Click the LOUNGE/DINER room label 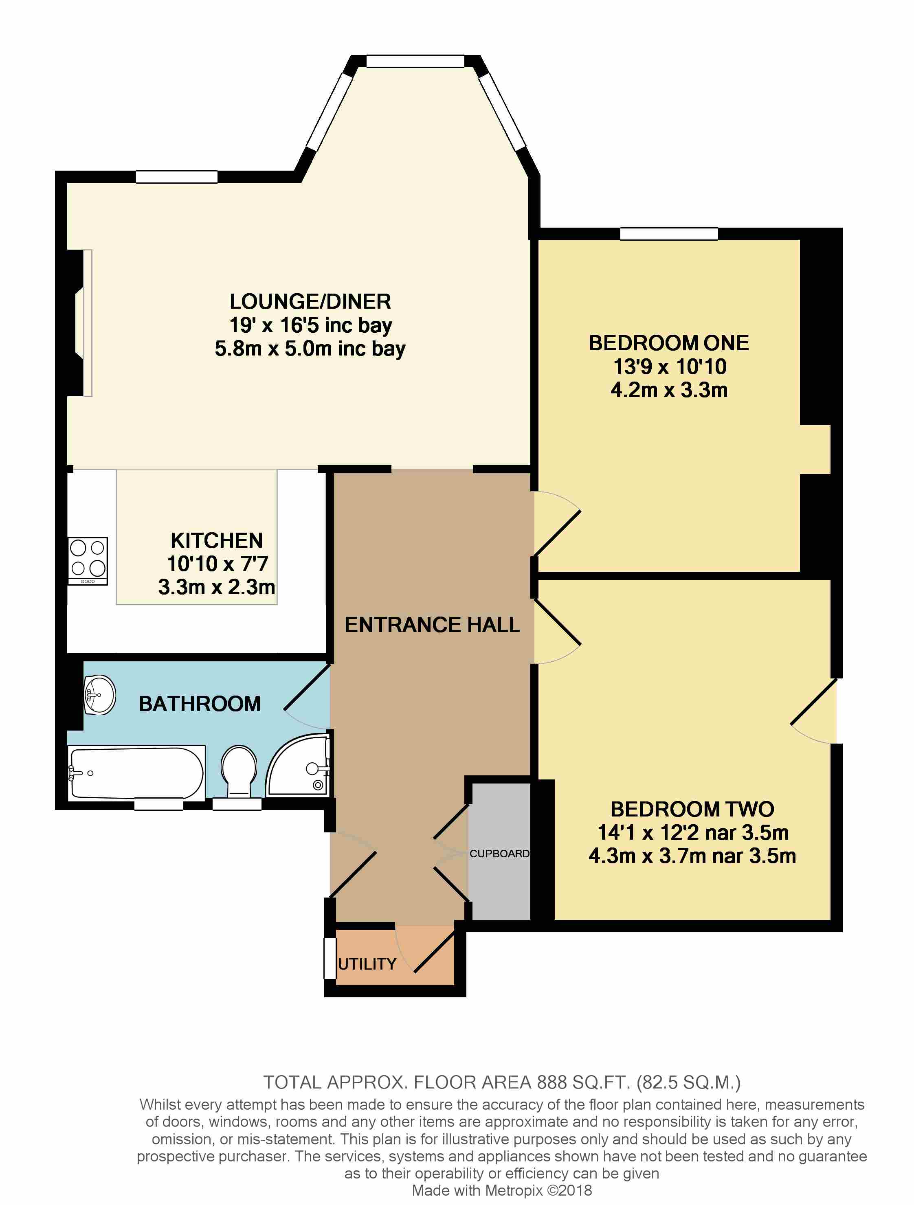pos(310,301)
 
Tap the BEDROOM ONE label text pos(668,343)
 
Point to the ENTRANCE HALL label pos(432,625)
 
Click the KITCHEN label pos(216,540)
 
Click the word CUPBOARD pos(499,854)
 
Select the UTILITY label pos(367,964)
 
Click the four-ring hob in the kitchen pos(88,560)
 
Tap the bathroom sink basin pos(100,695)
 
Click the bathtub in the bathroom pos(136,773)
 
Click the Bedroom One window pos(668,234)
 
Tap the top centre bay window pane pos(415,61)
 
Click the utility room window pos(330,958)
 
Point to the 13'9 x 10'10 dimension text pos(670,367)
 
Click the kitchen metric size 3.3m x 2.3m pos(216,587)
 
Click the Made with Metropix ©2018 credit pos(502,1191)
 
